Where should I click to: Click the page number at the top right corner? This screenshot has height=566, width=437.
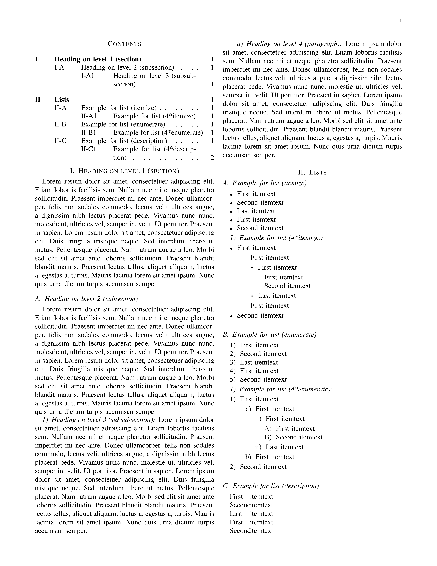pyautogui.click(x=400, y=21)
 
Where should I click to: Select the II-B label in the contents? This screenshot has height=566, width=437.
pyautogui.click(x=60, y=124)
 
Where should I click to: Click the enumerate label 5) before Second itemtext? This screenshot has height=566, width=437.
pyautogui.click(x=233, y=380)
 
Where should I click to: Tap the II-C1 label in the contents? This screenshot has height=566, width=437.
pyautogui.click(x=89, y=149)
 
